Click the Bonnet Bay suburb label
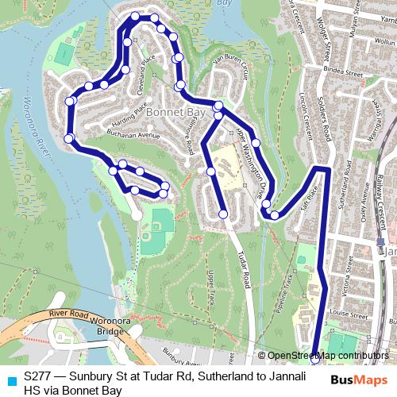(x=175, y=113)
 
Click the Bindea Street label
(x=349, y=71)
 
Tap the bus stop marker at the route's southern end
(x=315, y=359)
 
